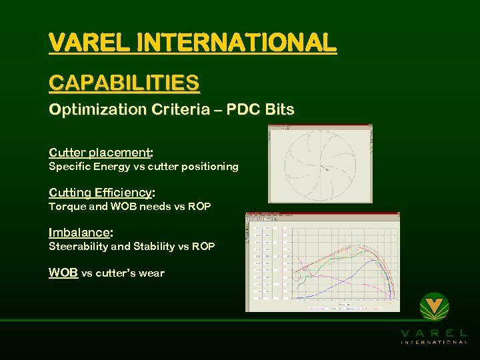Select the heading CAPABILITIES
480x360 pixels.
click(x=124, y=83)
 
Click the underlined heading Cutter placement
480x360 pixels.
click(x=99, y=152)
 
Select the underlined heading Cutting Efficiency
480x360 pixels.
click(x=100, y=193)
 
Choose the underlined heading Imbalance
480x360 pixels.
click(x=79, y=233)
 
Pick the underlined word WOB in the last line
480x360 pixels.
click(x=63, y=273)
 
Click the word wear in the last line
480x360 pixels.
click(x=152, y=273)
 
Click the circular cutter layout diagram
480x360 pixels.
click(x=319, y=164)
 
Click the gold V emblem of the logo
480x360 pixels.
click(x=434, y=307)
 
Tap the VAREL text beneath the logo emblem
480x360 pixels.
click(x=434, y=333)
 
